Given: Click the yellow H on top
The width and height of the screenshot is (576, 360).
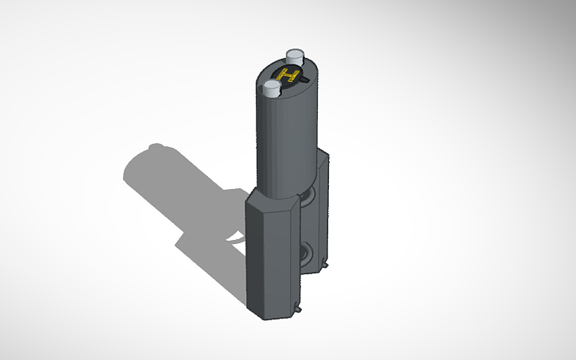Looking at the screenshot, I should point(291,77).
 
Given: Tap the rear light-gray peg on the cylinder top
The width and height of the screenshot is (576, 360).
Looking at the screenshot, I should point(295,58).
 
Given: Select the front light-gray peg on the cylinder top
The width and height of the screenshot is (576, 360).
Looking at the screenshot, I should point(272,88).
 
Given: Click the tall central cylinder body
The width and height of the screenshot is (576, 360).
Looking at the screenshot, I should point(288,143).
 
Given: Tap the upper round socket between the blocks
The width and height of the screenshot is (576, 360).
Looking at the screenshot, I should point(307,195).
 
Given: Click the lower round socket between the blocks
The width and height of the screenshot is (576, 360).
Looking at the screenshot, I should point(306,254).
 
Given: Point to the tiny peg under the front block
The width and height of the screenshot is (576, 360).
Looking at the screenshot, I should point(298,309).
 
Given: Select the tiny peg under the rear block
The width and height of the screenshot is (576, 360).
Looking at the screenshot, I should point(326,263).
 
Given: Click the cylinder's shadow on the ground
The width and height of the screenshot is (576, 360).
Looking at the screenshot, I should point(183,191).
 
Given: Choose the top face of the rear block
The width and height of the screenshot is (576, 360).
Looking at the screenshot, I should point(323,153).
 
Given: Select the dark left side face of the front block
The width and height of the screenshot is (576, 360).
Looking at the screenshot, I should point(254,254).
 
